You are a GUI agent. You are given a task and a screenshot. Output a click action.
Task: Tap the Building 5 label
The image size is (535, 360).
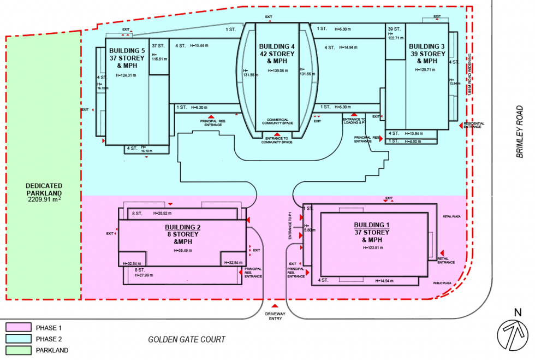[x=126, y=51]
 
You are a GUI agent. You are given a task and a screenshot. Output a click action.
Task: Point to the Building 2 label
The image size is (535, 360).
[x=183, y=227]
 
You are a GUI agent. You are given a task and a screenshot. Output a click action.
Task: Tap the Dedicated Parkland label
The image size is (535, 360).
[x=44, y=190]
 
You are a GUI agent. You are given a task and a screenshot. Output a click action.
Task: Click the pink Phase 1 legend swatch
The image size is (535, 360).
[x=17, y=328]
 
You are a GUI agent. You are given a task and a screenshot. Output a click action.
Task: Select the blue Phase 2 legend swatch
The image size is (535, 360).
[x=17, y=339]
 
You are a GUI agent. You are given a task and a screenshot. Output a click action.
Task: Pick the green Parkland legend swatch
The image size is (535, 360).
[x=17, y=350]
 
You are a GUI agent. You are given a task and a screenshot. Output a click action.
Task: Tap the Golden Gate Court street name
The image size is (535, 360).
[x=187, y=340]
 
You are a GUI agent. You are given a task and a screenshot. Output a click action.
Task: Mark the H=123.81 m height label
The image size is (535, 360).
[x=375, y=248]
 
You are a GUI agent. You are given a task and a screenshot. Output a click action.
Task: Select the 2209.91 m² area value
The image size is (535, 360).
[x=44, y=200]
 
